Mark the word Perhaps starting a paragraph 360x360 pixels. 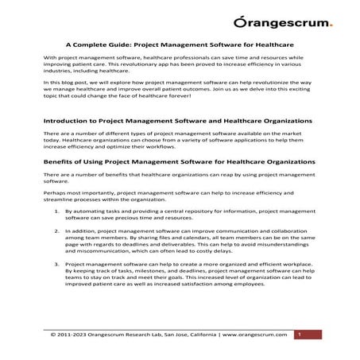[55, 193]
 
